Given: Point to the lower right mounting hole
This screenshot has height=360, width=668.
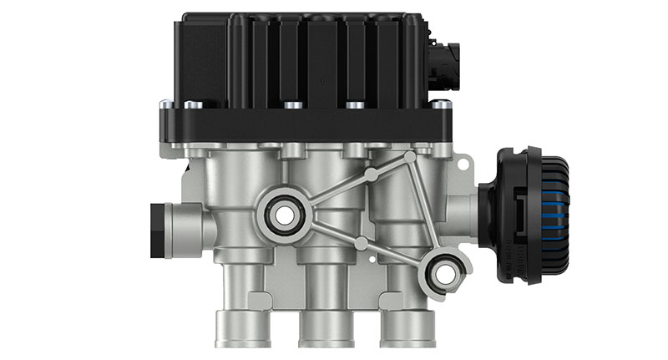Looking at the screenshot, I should (x=444, y=272).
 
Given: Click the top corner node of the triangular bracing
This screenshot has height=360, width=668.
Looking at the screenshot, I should (x=409, y=157).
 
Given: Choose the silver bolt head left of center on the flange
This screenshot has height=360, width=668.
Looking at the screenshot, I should (x=291, y=105).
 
